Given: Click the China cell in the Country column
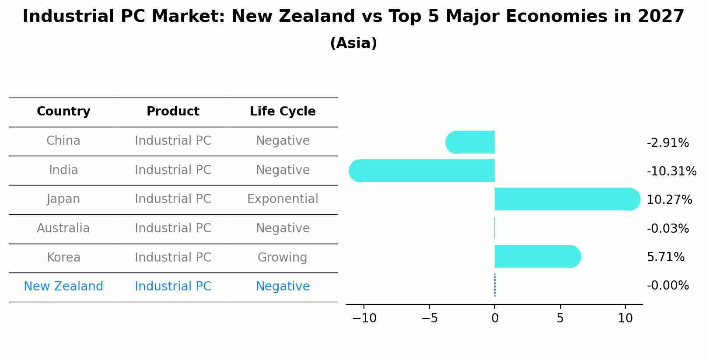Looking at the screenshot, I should (63, 141).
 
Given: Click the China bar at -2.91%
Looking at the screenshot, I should (471, 142).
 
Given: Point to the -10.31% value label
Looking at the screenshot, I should (671, 171).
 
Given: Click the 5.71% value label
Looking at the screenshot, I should (665, 257).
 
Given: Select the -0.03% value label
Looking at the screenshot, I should (668, 229).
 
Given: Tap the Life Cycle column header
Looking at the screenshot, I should (283, 112).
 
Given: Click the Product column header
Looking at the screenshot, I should (173, 112).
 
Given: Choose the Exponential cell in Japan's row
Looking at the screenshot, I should (283, 199).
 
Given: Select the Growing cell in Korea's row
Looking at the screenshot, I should (283, 258).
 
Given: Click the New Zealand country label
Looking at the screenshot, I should (63, 287).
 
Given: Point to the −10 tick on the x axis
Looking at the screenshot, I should (364, 318).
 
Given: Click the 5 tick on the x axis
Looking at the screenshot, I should (560, 318).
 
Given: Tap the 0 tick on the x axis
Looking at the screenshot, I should (495, 318).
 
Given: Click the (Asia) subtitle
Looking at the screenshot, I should (353, 43).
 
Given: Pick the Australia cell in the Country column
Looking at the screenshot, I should (63, 228).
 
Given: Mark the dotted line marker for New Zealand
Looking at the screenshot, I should (495, 285).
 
